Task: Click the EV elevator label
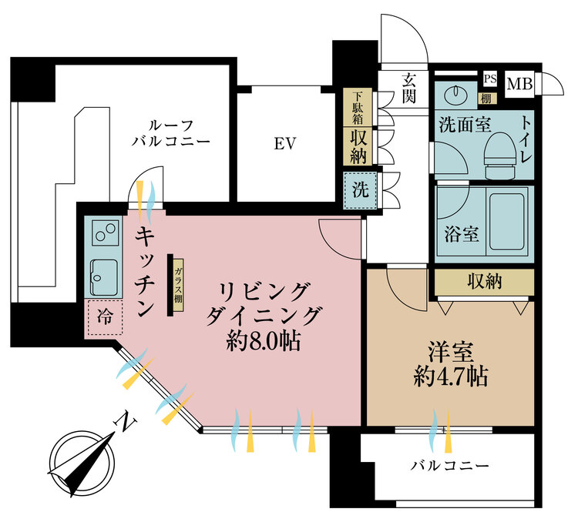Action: (x=283, y=144)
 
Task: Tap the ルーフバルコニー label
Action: (x=170, y=132)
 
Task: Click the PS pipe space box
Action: (x=489, y=79)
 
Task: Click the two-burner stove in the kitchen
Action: (x=103, y=232)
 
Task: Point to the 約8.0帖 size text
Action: (x=264, y=340)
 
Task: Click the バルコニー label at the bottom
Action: (x=449, y=466)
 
